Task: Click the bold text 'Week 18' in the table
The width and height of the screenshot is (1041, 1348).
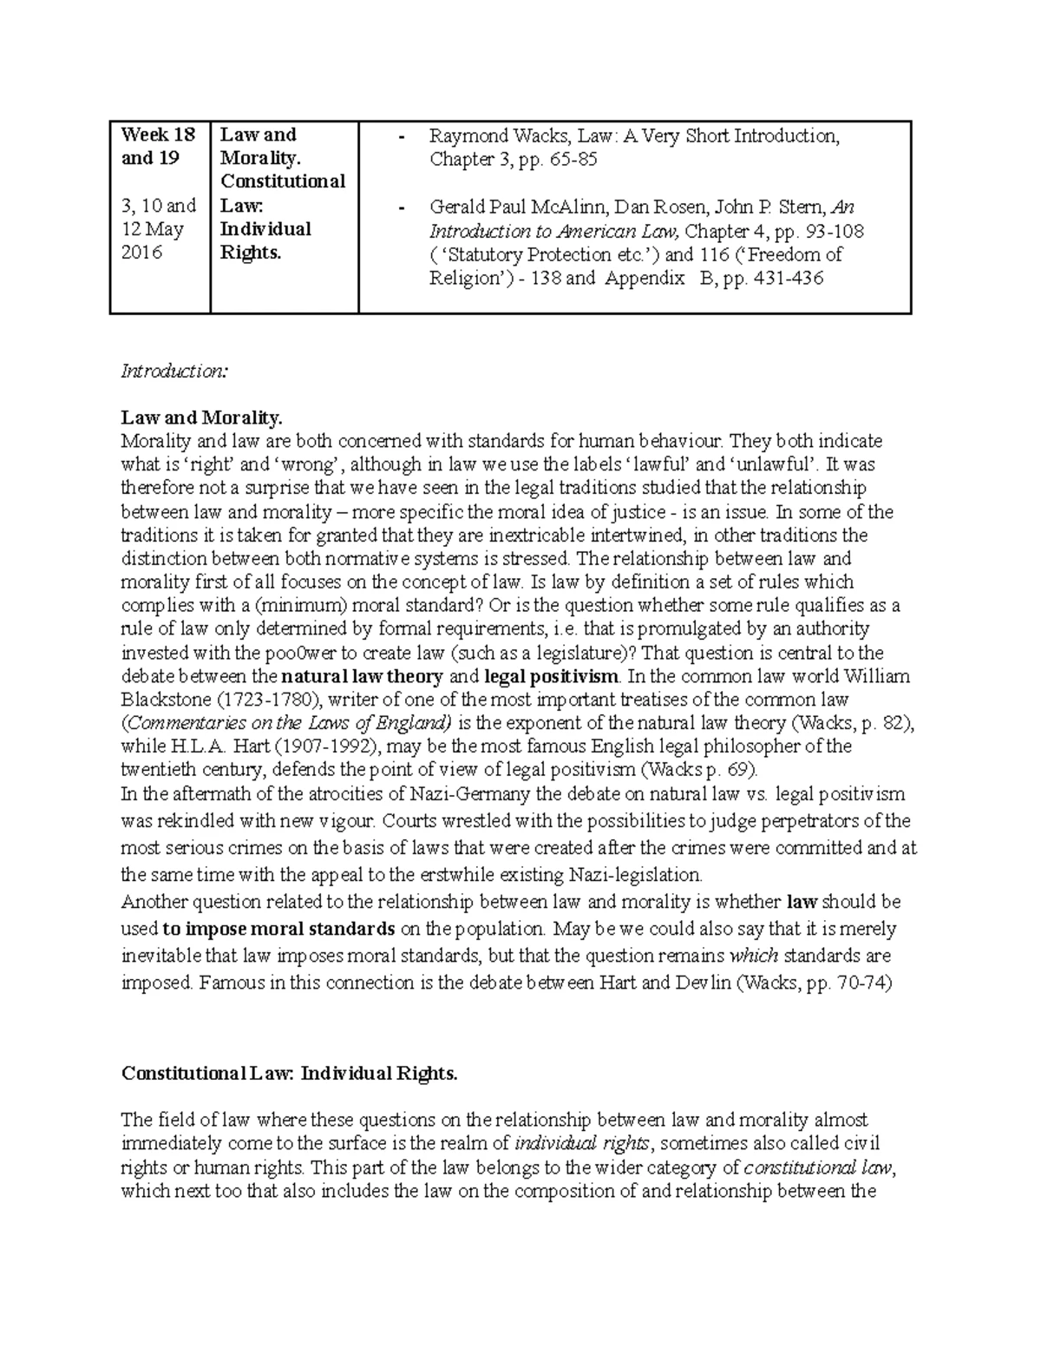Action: click(x=159, y=135)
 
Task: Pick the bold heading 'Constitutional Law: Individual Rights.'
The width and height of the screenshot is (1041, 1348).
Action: click(x=289, y=1074)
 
